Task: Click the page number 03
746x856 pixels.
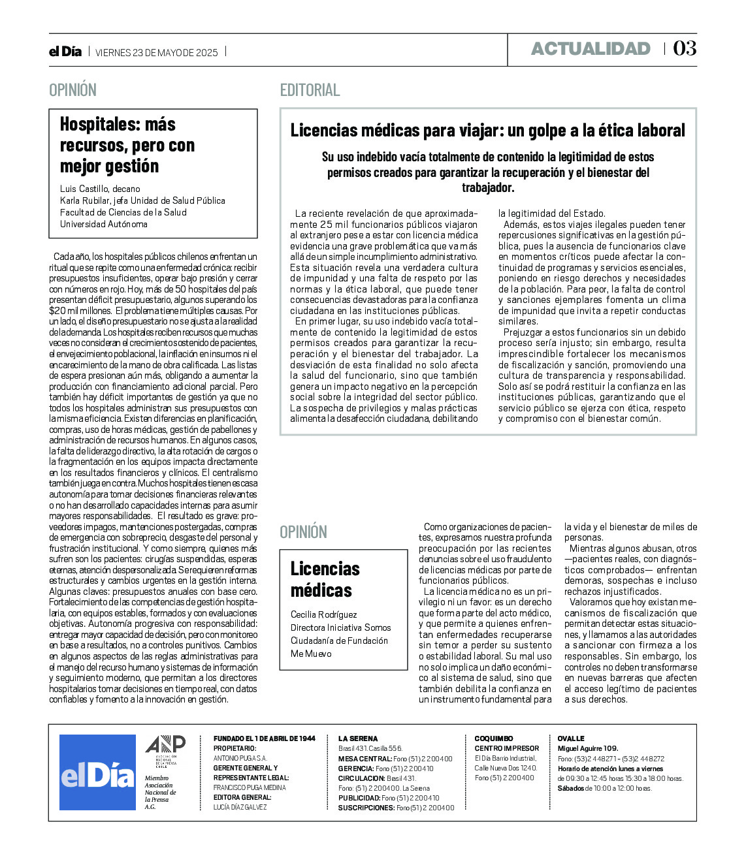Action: [685, 48]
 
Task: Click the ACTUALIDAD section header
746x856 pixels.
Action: [591, 49]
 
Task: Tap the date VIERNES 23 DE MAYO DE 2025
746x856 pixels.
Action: [157, 53]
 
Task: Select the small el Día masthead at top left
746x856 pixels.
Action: [65, 52]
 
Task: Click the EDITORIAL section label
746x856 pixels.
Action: [310, 90]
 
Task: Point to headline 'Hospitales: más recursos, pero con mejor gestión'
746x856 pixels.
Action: [127, 145]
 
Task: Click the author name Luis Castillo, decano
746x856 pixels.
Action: [100, 189]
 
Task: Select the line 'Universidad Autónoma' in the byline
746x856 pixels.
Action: [104, 224]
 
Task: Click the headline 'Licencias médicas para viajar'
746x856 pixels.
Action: [488, 131]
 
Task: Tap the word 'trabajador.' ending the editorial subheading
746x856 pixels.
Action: [488, 188]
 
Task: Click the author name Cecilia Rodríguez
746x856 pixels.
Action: [324, 614]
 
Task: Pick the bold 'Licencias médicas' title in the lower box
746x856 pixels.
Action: [325, 579]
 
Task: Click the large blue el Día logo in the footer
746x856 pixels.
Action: [97, 772]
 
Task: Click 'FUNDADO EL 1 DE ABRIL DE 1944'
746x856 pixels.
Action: [264, 738]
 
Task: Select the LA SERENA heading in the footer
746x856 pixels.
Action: [358, 738]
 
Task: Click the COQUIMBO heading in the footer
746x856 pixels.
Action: [494, 738]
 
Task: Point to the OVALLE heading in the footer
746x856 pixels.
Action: [571, 738]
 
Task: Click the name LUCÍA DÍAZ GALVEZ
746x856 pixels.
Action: [240, 808]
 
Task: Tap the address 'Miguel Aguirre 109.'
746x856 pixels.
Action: [587, 748]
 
